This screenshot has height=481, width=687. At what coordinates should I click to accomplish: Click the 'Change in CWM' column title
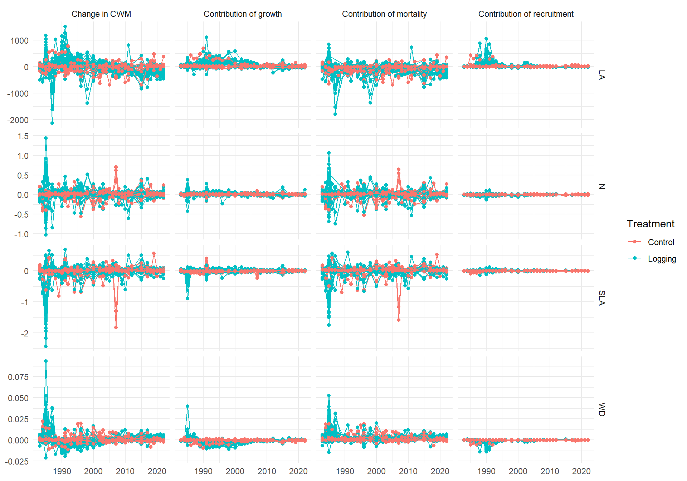coord(101,14)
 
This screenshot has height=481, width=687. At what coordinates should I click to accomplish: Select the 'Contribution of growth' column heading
coord(243,14)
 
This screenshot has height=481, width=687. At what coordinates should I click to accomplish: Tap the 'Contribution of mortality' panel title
coord(384,14)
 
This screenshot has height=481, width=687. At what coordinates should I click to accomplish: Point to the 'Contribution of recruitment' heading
coord(526,14)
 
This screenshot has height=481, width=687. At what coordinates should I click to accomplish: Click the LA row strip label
coord(601,75)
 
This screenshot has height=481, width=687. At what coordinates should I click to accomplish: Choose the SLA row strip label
coord(601,298)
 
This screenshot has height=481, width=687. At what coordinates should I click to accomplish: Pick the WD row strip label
coord(601,409)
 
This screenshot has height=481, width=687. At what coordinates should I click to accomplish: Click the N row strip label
coord(601,186)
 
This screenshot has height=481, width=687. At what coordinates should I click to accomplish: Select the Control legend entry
coord(661,242)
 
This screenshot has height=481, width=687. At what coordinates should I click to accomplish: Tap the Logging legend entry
coord(662,259)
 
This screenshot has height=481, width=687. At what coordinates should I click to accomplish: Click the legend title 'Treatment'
coord(650,224)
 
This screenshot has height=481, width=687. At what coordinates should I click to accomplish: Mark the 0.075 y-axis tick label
coord(18,377)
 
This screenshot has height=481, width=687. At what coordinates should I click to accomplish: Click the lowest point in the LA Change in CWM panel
coord(52,123)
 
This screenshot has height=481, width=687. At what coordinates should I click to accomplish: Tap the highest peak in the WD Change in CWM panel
coord(46,361)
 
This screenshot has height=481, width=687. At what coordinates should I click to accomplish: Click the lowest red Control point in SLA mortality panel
coord(399,320)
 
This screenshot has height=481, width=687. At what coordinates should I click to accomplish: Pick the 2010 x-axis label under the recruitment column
coord(550,471)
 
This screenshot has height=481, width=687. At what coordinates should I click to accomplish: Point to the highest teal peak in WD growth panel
coord(187,406)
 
